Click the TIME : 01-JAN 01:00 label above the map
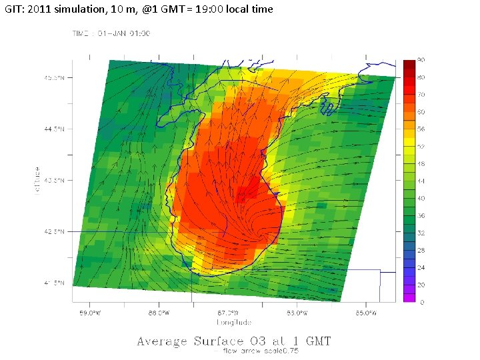(x=111, y=33)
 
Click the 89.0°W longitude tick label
(x=90, y=313)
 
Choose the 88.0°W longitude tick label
(x=159, y=313)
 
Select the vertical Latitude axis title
(x=39, y=181)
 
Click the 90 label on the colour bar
(x=422, y=61)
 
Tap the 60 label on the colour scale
(x=422, y=111)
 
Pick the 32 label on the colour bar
(x=422, y=233)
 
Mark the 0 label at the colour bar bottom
(x=421, y=303)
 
